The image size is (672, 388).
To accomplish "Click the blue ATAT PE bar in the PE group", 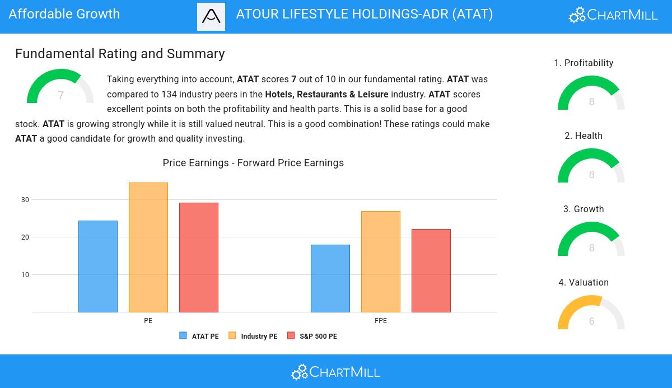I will [x=98, y=267].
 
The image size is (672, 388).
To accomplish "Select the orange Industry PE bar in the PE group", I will [x=148, y=247].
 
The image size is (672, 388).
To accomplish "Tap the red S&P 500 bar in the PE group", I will [x=199, y=258].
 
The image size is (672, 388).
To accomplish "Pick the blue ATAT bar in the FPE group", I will [x=330, y=278].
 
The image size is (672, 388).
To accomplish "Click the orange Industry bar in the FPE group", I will [x=381, y=261].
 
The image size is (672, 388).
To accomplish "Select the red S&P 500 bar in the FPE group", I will [x=431, y=270].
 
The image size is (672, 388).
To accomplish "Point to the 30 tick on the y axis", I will [x=25, y=200].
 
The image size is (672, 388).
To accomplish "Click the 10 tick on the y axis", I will [x=25, y=275].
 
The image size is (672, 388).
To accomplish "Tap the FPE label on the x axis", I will [x=381, y=321].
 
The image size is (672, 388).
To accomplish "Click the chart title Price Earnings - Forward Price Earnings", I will [x=253, y=163].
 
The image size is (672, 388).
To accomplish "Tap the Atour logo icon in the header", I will [x=211, y=17].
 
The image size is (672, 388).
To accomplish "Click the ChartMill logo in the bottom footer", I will [x=335, y=372].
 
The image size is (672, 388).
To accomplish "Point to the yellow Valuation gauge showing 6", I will [x=591, y=314].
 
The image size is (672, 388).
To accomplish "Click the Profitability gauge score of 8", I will [x=592, y=102].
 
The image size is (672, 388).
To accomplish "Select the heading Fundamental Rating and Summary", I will [x=120, y=54].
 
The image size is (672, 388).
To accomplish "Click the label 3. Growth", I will [x=584, y=209].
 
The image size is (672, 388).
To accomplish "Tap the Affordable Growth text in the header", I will [x=64, y=14].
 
